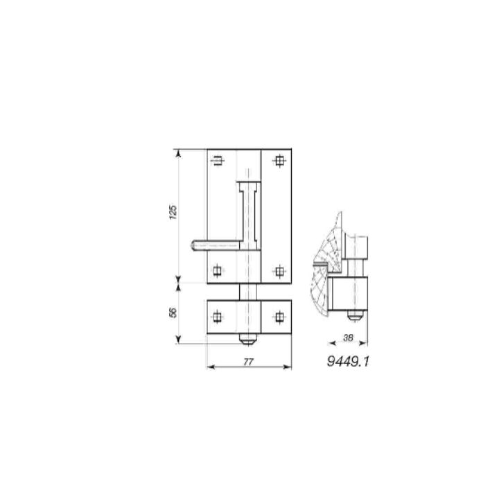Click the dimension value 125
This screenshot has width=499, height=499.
pos(173,212)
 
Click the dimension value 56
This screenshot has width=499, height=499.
pos(173,313)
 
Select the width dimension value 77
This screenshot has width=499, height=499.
pos(248,362)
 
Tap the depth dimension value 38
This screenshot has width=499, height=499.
pos(348,338)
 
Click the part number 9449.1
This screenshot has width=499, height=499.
pos(348,362)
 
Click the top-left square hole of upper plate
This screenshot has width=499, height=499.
pos(218,160)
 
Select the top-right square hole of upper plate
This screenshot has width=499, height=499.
pos(279,161)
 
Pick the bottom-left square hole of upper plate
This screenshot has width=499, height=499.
pos(218,271)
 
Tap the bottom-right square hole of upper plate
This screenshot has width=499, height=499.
pos(279,272)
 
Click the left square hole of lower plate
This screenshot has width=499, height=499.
pos(218,317)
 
